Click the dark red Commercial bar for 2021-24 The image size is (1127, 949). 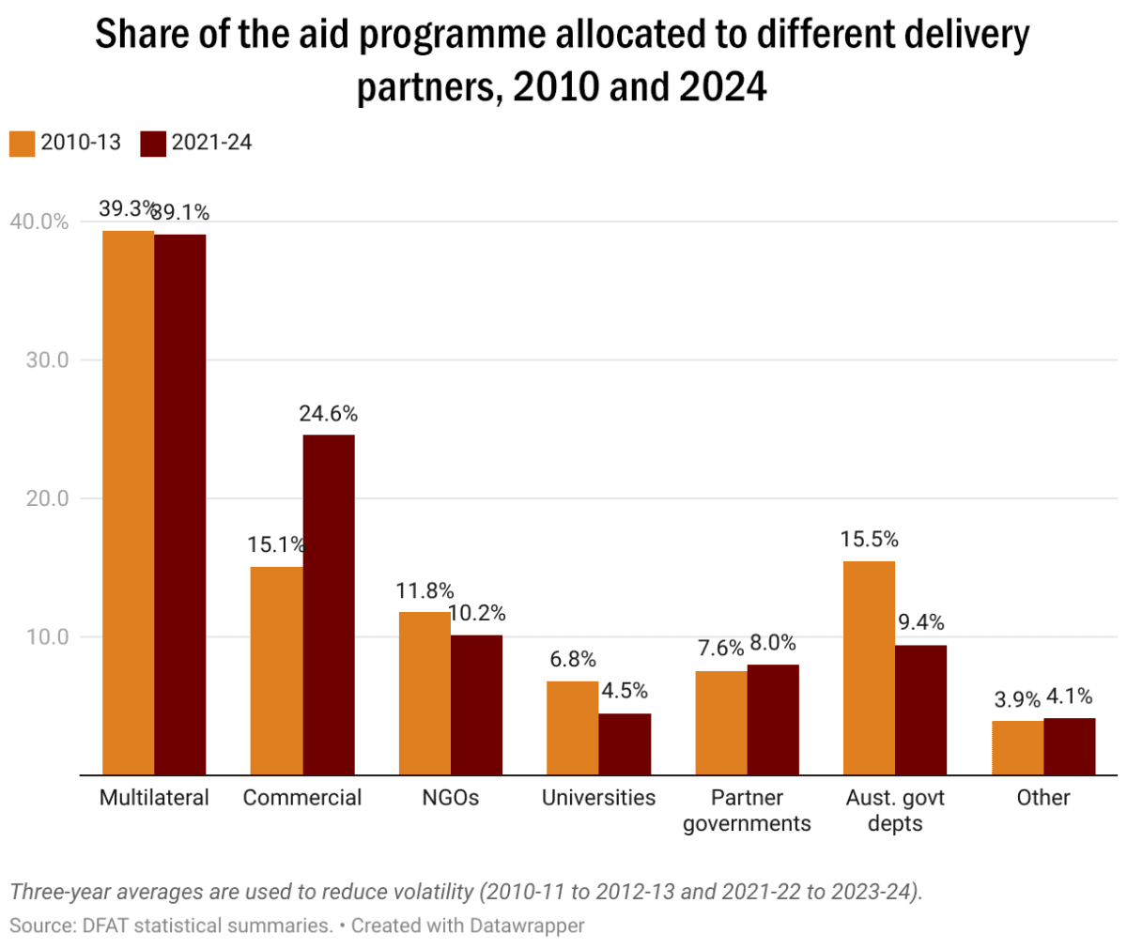[x=329, y=605]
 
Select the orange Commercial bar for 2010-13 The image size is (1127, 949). [x=276, y=670]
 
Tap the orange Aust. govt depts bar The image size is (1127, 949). [x=869, y=667]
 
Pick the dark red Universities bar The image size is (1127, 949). [x=625, y=743]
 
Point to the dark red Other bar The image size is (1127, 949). [x=1070, y=746]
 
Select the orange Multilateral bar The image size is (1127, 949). [x=128, y=502]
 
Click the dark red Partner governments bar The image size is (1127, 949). [x=773, y=719]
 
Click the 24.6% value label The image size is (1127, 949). [x=329, y=414]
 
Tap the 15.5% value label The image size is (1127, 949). [x=870, y=540]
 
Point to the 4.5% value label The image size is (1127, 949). [x=625, y=691]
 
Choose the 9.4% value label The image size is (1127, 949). [x=921, y=622]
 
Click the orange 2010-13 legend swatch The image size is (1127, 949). [x=22, y=144]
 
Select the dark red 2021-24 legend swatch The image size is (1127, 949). [x=153, y=144]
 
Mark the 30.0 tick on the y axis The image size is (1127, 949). [x=47, y=360]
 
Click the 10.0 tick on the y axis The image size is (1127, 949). [x=47, y=637]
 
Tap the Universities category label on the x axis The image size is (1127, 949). [x=598, y=798]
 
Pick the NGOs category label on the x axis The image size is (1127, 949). [x=450, y=798]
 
